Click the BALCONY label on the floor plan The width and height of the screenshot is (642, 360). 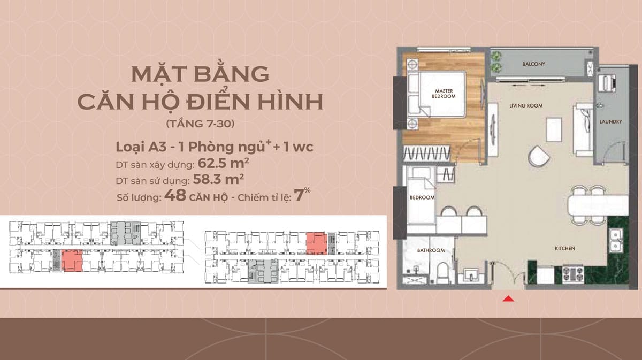[534, 64]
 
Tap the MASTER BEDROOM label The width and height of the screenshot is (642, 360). [444, 94]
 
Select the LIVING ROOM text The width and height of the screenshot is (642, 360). [526, 106]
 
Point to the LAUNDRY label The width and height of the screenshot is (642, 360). [611, 122]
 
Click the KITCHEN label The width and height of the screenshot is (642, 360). [565, 249]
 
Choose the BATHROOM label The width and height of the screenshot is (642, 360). [431, 250]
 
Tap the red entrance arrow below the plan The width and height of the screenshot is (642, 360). [508, 298]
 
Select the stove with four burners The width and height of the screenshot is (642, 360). [573, 274]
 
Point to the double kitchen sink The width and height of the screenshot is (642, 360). [615, 240]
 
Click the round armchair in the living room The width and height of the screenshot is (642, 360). [539, 157]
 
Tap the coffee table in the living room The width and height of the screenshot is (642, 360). [554, 129]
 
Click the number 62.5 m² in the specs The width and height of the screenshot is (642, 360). [223, 163]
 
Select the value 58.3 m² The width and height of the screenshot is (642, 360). [218, 179]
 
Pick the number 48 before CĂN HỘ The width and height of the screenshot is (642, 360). [175, 195]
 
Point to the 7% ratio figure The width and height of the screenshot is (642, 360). [302, 194]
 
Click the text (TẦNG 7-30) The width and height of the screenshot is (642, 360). [200, 124]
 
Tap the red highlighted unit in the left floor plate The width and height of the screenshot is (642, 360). [72, 261]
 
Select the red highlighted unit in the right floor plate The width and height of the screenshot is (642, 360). [316, 243]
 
